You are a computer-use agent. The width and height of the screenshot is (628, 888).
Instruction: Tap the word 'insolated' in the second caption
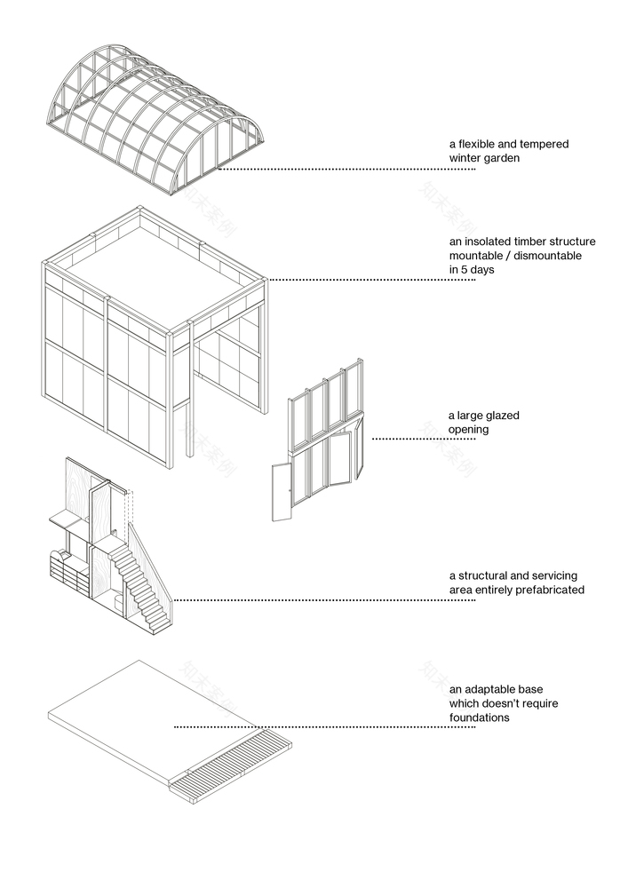click(x=491, y=242)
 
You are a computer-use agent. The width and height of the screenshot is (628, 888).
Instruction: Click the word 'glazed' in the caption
click(x=502, y=415)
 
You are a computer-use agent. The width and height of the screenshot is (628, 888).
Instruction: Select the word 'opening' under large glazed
click(x=468, y=429)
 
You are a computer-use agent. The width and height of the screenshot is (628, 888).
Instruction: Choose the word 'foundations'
click(x=480, y=718)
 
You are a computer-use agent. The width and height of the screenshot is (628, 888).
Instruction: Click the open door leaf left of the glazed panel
click(x=282, y=491)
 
